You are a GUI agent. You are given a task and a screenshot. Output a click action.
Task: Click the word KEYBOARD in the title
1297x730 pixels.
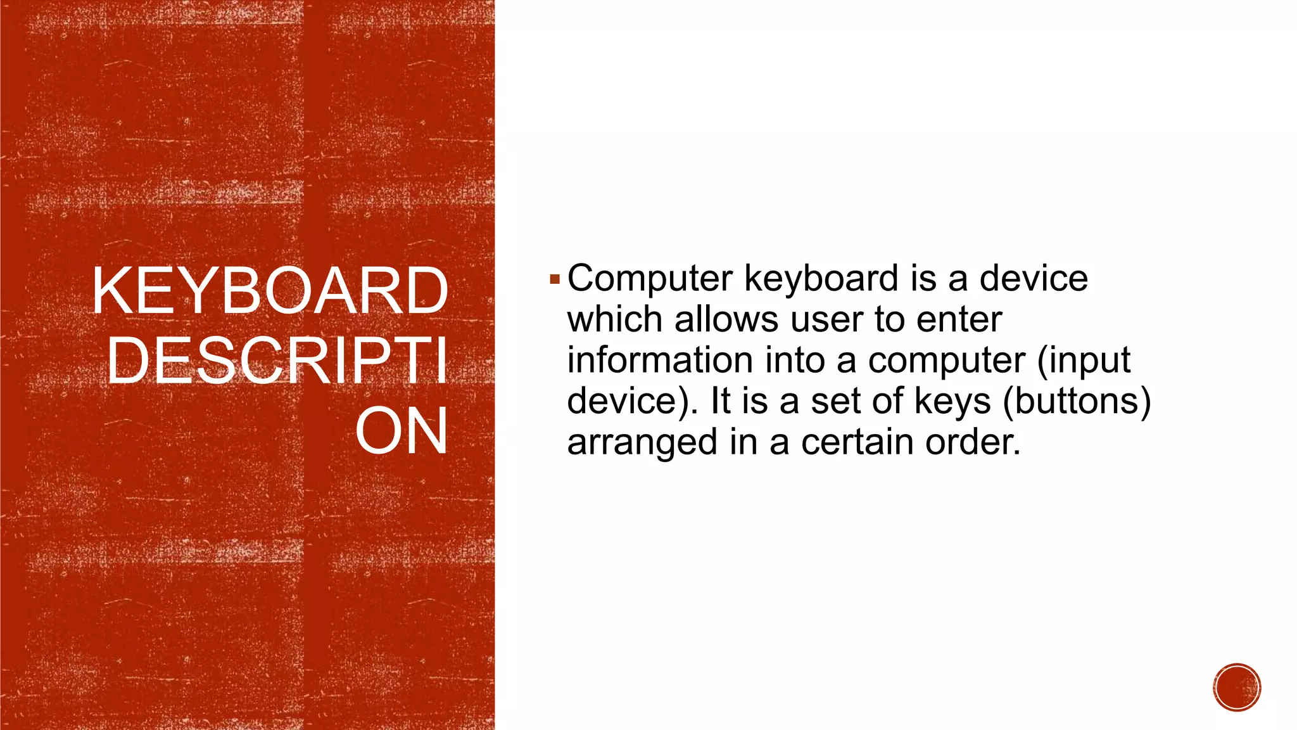(x=270, y=291)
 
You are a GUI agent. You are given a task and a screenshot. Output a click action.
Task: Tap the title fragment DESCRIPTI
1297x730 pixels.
(x=277, y=361)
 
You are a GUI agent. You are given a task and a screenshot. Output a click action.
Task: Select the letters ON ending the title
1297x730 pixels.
(x=402, y=432)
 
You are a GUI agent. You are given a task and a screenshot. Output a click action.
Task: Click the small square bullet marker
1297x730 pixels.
(x=555, y=279)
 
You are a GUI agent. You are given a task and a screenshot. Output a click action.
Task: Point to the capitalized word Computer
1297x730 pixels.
(x=650, y=279)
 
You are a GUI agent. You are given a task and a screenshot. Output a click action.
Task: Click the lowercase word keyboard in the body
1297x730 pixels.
(x=821, y=279)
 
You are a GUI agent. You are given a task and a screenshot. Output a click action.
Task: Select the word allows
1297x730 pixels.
(x=726, y=319)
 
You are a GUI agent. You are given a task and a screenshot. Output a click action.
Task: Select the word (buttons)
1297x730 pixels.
(x=1077, y=402)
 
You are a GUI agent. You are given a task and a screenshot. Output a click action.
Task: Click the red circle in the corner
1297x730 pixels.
(x=1237, y=688)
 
